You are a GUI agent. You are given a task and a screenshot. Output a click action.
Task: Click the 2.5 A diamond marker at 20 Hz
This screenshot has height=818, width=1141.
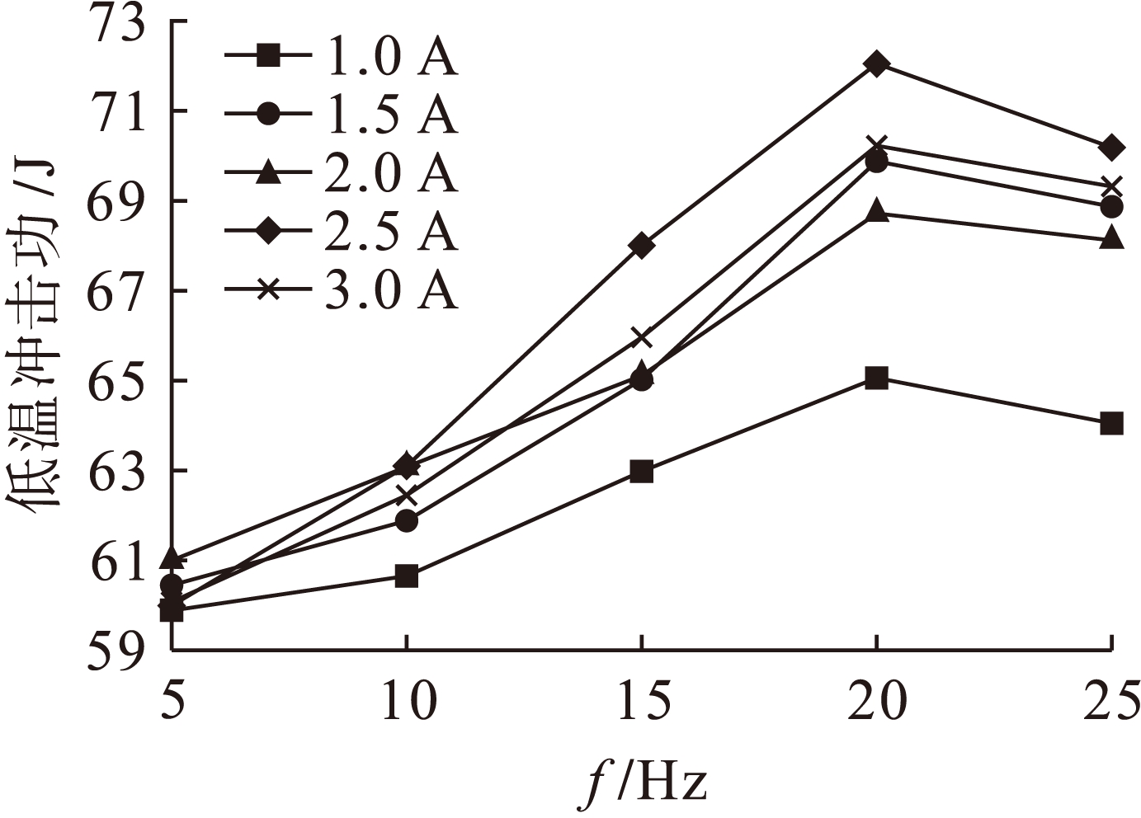[x=877, y=64]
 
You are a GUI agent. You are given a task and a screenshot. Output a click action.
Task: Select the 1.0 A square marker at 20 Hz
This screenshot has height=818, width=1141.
[x=877, y=378]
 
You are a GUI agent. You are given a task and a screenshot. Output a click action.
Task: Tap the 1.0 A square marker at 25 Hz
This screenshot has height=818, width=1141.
[x=1112, y=424]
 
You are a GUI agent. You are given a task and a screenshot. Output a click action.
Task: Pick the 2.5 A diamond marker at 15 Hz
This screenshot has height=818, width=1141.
[x=641, y=246]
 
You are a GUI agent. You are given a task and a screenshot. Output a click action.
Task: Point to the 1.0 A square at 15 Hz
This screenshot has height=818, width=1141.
[x=641, y=472]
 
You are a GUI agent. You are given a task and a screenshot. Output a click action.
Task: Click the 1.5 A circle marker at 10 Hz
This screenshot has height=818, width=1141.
[x=406, y=521]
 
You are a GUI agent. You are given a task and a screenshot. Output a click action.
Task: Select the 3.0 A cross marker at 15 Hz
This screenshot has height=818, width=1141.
[x=641, y=338]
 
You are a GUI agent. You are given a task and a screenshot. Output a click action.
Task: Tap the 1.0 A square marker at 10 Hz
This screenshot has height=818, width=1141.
[x=406, y=576]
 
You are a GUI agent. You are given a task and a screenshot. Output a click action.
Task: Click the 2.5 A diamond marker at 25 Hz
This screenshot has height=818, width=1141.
[x=1112, y=148]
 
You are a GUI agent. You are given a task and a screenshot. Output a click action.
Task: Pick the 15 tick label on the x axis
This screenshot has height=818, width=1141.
[x=641, y=703]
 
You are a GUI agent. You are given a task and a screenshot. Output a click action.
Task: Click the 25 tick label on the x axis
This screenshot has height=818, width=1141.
[x=1112, y=703]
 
